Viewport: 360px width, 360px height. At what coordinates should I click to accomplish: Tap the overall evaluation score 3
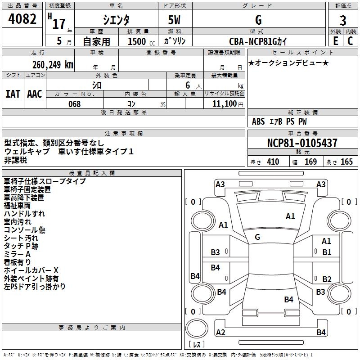point(343,21)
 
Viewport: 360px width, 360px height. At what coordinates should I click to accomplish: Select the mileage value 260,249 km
point(53,64)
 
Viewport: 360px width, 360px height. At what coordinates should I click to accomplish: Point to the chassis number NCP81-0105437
point(302,143)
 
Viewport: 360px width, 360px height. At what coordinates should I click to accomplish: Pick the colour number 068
point(74,104)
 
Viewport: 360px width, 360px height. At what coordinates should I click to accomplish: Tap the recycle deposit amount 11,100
point(223,104)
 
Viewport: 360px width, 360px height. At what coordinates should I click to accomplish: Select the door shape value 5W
point(175,20)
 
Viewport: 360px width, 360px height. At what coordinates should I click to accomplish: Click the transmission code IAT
point(13,94)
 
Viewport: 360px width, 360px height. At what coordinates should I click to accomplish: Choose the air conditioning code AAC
point(35,94)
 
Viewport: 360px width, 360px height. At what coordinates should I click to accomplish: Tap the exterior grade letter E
point(335,41)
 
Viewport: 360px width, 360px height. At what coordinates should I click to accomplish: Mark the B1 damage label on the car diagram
point(327,252)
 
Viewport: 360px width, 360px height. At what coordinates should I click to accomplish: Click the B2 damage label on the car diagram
point(327,279)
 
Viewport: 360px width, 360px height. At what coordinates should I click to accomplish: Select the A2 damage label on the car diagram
point(220,333)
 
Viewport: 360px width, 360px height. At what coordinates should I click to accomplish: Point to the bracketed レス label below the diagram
point(197,345)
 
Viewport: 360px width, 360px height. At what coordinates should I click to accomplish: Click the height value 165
point(346,162)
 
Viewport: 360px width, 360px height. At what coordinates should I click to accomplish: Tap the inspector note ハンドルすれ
point(24,214)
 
